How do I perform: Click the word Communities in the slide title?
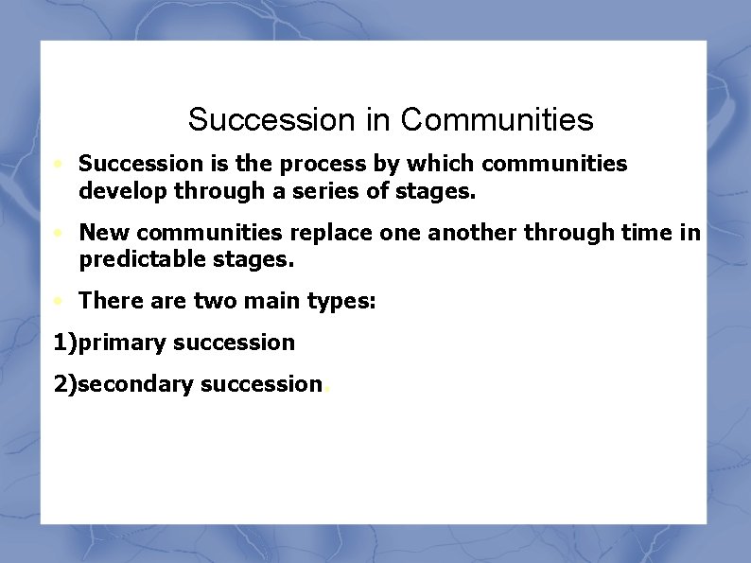497,120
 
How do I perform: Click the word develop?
118,192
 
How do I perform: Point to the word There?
109,301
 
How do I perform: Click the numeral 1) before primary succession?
65,343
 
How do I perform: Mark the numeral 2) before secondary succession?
65,383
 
